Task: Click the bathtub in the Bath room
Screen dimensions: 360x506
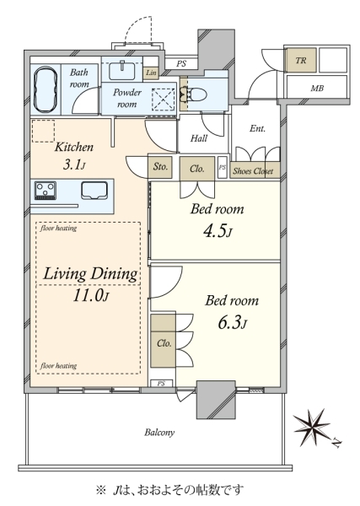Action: pos(46,89)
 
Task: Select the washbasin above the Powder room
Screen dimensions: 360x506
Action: pos(122,70)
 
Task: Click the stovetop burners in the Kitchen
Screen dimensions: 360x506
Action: pos(46,191)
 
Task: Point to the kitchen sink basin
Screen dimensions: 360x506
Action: pos(94,191)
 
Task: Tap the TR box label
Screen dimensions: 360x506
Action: pos(301,61)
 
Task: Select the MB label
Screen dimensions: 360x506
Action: pos(317,88)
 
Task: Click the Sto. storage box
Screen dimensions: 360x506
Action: pos(160,167)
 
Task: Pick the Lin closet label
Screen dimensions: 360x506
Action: pos(151,73)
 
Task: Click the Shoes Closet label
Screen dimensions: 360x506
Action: pos(253,171)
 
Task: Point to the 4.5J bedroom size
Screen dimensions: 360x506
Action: pos(218,231)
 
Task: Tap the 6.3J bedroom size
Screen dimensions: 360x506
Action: pos(232,323)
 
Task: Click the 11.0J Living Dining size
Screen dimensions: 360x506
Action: pos(90,295)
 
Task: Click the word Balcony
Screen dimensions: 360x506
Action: pos(159,432)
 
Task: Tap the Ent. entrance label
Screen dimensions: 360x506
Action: pos(257,128)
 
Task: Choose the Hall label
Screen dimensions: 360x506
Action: pos(199,138)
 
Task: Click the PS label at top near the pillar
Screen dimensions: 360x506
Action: pos(181,64)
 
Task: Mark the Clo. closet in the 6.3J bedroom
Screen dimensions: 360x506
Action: pos(164,341)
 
